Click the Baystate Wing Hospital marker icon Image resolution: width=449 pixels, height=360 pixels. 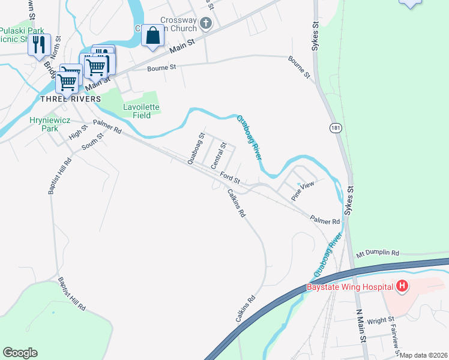pos(402,287)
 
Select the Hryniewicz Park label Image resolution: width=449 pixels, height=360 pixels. pos(44,124)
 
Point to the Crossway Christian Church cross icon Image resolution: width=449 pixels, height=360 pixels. pos(206,23)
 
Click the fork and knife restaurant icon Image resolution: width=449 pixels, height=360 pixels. pos(39,44)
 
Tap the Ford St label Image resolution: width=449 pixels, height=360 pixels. pos(230,178)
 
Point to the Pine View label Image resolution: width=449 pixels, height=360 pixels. pos(303,191)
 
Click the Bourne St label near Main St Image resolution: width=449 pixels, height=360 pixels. pos(161,68)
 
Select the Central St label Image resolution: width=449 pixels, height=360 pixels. pos(218,154)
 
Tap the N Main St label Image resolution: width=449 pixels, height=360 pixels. pos(362,326)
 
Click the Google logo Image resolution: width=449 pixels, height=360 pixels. pos(20,353)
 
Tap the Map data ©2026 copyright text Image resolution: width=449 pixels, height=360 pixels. pos(424,355)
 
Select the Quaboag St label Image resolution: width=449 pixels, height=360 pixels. pos(196,149)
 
